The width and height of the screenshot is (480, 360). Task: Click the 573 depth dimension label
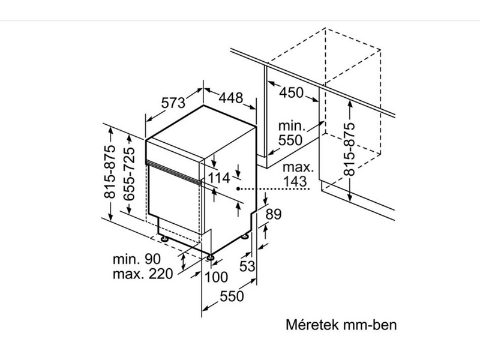[173, 103]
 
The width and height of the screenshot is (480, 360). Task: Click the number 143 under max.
[296, 180]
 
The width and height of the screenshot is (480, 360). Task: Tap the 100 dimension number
[216, 277]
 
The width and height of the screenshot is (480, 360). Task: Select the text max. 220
[142, 275]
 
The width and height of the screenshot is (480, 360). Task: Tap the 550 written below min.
[292, 140]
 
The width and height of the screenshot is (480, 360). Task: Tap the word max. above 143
[296, 167]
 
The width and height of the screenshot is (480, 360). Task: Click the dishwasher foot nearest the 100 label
[211, 258]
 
